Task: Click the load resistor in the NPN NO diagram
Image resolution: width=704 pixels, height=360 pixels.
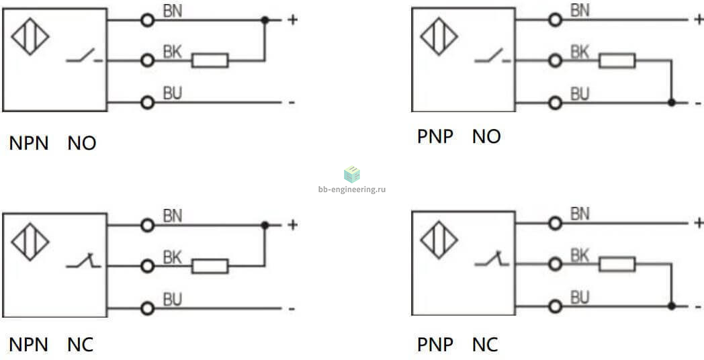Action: tap(210, 60)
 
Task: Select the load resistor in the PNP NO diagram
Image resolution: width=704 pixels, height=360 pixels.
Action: tap(617, 60)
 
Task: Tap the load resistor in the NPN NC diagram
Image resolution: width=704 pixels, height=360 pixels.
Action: tap(210, 266)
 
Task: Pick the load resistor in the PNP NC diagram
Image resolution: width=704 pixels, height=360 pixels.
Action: tap(617, 265)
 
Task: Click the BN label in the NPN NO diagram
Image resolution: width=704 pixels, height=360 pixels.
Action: tap(173, 11)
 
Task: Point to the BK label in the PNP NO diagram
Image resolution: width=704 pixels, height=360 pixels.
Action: tap(580, 52)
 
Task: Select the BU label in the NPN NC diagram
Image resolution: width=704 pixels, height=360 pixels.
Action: tap(173, 300)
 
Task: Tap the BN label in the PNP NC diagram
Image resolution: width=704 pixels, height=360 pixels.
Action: tap(580, 214)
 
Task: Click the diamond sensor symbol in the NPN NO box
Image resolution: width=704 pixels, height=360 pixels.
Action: tap(30, 36)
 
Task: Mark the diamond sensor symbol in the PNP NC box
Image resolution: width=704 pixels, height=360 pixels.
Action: tap(439, 240)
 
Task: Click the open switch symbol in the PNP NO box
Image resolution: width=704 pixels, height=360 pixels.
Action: tap(492, 56)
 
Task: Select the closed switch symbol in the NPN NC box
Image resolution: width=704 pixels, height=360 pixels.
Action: tap(83, 261)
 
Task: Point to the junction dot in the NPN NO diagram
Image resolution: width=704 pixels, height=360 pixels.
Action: tap(265, 19)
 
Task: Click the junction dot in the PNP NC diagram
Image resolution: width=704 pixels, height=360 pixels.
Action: tap(672, 306)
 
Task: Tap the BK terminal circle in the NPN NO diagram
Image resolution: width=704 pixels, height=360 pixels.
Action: tap(147, 60)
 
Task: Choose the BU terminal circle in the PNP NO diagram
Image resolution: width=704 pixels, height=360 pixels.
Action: tap(556, 103)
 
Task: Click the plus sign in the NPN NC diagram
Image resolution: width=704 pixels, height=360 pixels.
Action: tap(292, 224)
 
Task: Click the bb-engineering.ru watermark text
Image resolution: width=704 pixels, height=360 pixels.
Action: tap(352, 189)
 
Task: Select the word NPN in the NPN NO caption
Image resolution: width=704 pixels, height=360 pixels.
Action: tap(29, 144)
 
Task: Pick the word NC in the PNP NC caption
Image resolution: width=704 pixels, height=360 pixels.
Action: tap(486, 345)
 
